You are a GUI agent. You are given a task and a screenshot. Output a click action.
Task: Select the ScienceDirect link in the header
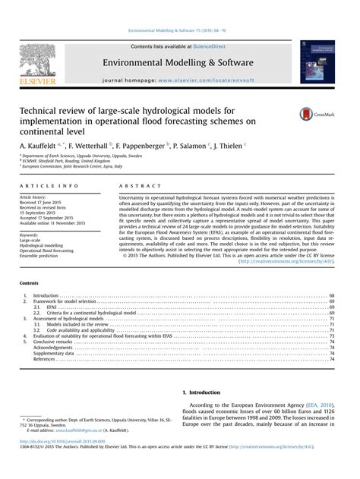[215, 26]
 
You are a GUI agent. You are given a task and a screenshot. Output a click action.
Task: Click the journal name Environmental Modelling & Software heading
[180, 43]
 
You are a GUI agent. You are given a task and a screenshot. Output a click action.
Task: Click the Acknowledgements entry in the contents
[54, 347]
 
